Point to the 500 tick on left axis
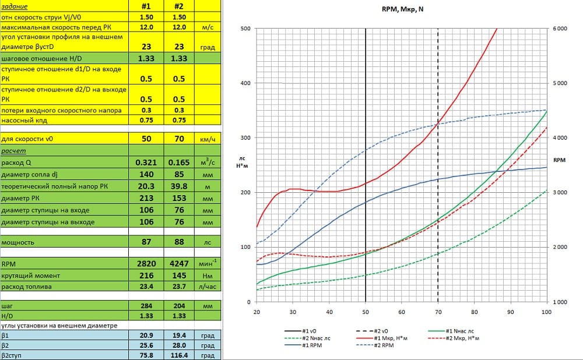pos(245,29)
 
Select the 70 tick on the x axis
pos(438,313)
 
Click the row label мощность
pos(18,242)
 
